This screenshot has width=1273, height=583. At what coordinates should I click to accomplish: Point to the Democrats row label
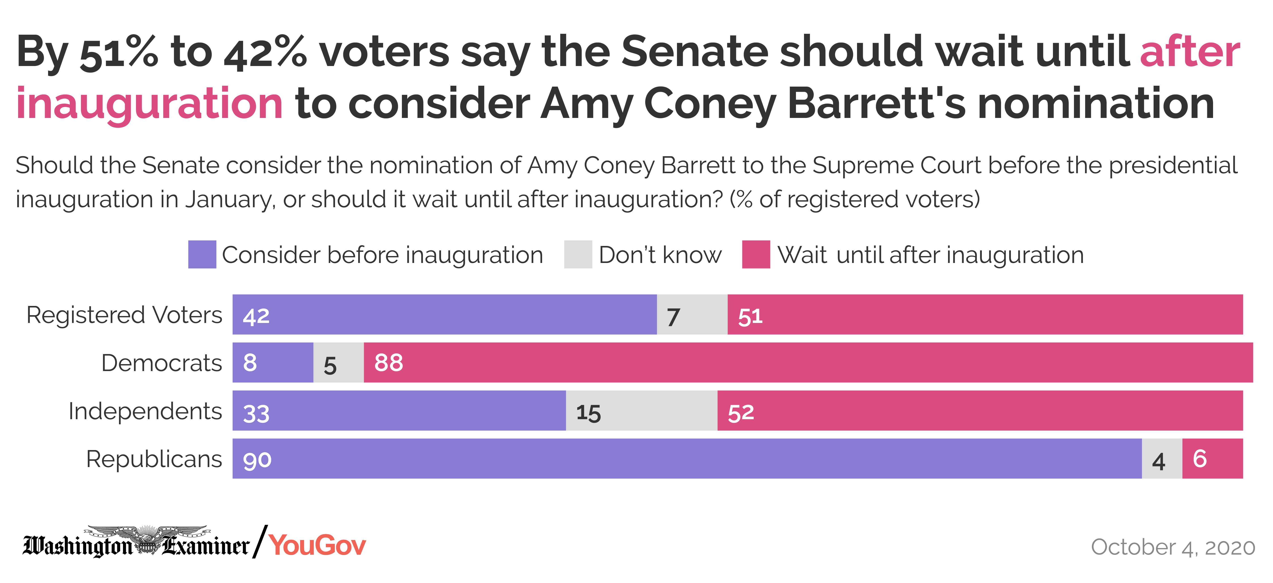(x=162, y=363)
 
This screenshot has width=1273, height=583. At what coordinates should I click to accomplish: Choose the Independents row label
(x=145, y=411)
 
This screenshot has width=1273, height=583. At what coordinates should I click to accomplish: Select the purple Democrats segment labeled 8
(x=273, y=363)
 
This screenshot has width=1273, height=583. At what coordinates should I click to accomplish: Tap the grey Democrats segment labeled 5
(x=339, y=363)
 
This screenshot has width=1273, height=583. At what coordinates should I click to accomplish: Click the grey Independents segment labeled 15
(x=641, y=410)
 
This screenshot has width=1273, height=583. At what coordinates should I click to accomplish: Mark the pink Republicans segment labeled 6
(x=1212, y=458)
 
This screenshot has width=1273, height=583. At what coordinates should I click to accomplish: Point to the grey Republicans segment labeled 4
(x=1162, y=458)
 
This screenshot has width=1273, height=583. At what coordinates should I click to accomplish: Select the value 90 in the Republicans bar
(x=257, y=459)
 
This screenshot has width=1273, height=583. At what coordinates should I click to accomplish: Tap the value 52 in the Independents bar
(x=741, y=412)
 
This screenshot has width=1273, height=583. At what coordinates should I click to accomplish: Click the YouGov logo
(x=317, y=545)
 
